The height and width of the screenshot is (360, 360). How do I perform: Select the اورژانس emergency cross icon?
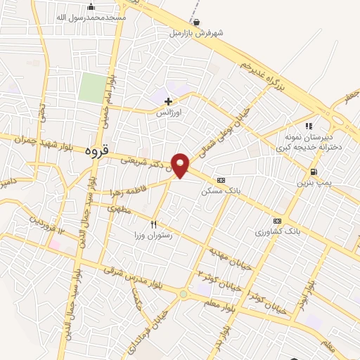pos(168,101)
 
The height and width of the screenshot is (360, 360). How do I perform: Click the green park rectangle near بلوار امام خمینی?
pos(91,87)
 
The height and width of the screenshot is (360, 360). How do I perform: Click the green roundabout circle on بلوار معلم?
pos(184,294)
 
